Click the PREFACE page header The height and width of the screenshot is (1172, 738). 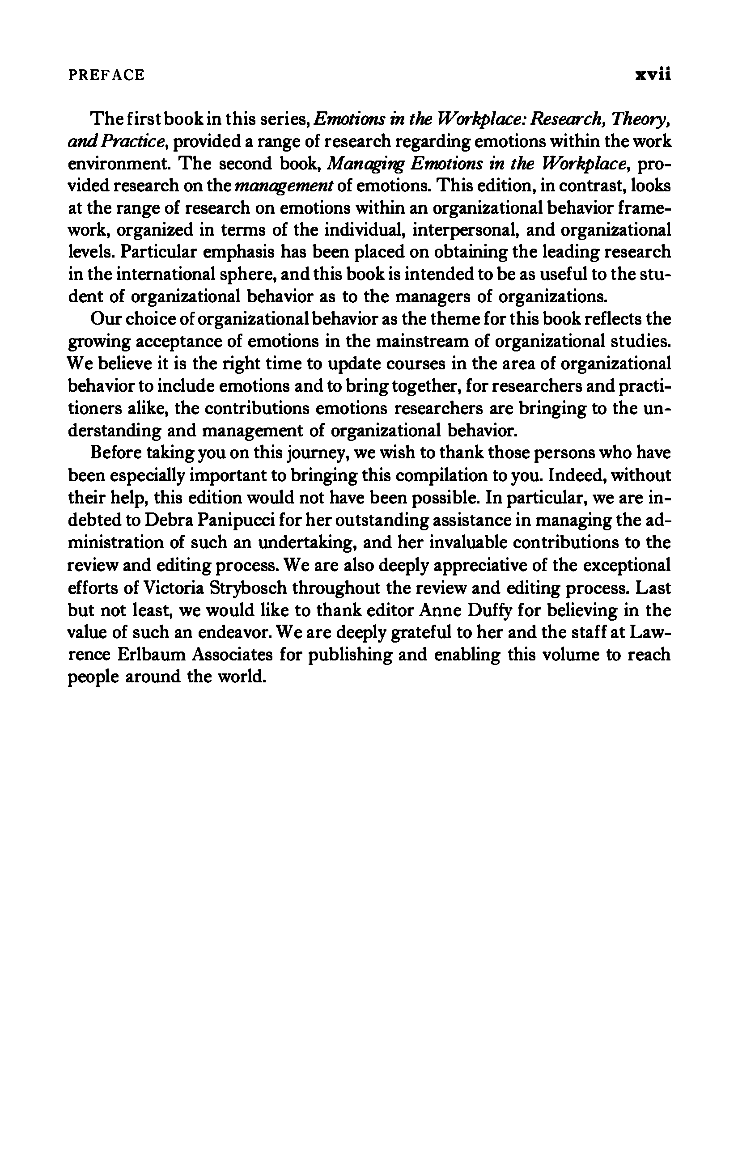pyautogui.click(x=106, y=76)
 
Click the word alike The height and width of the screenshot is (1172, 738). pyautogui.click(x=148, y=408)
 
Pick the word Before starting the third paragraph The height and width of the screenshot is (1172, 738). pyautogui.click(x=116, y=453)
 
